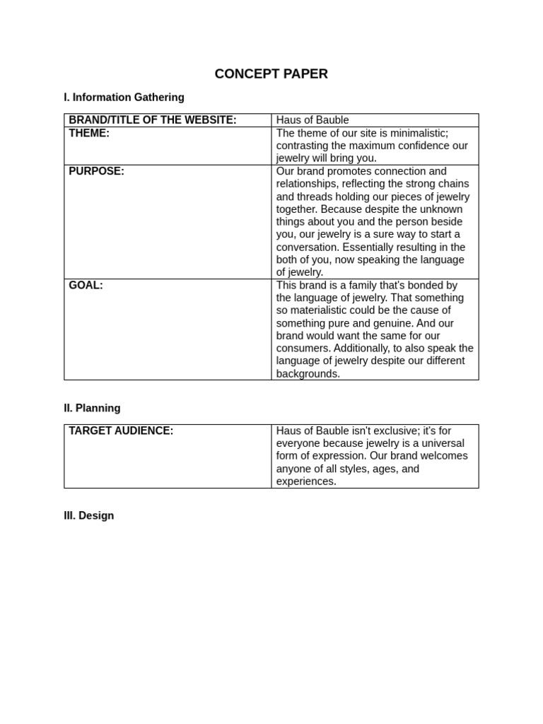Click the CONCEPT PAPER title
click(271, 74)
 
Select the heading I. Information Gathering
click(124, 98)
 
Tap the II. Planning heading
click(92, 408)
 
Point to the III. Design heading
click(88, 515)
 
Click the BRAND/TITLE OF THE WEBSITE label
click(152, 120)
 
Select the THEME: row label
click(89, 133)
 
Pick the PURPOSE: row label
click(96, 171)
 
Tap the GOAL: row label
click(86, 285)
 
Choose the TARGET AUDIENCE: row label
click(121, 431)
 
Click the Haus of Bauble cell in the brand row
click(313, 120)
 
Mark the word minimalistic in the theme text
click(417, 133)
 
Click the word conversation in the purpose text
click(308, 247)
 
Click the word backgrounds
click(308, 373)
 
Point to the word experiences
click(306, 481)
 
